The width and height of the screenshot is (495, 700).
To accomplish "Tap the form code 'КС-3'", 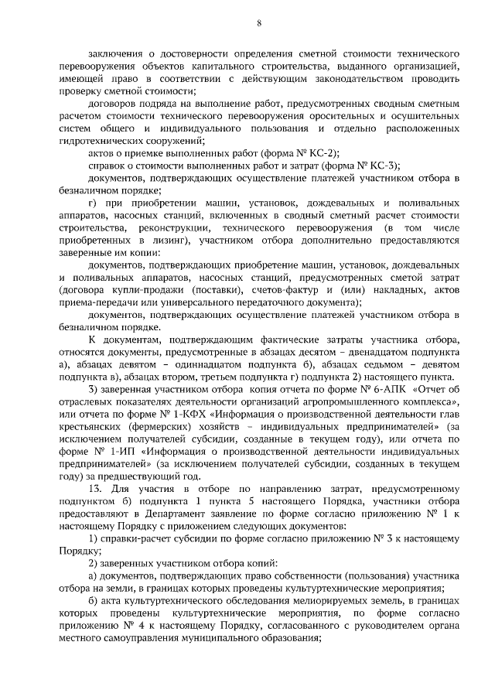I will (x=378, y=166).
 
